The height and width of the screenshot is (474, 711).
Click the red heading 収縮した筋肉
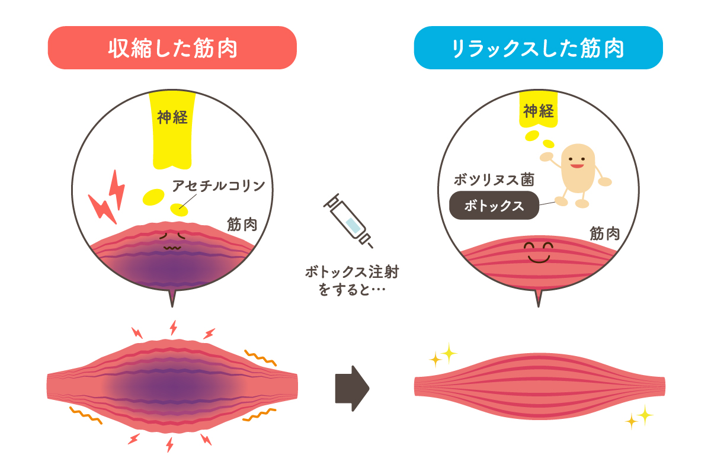pos(172,49)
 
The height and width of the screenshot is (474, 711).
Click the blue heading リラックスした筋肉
pos(538,49)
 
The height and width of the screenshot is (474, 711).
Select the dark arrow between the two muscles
pos(352,388)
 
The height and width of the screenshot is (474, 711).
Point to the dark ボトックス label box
pos(494,206)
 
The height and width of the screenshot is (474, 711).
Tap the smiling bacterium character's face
pos(578,159)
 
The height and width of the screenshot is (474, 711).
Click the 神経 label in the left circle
pos(172,117)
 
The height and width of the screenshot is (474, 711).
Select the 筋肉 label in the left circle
pos(242,225)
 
